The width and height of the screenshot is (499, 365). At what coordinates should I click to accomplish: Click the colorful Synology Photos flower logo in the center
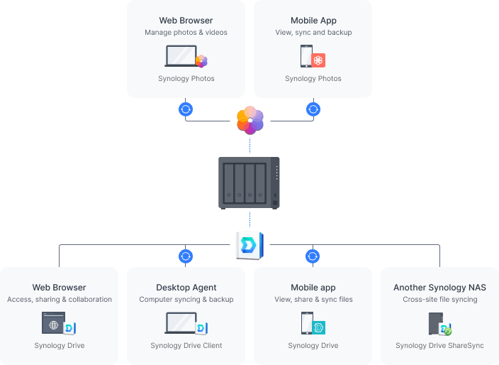pyautogui.click(x=250, y=120)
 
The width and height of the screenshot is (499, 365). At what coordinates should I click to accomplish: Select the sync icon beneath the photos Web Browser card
pyautogui.click(x=186, y=109)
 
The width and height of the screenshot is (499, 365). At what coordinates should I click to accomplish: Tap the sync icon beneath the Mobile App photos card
pyautogui.click(x=313, y=109)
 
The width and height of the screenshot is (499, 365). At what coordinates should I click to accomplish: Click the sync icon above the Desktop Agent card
pyautogui.click(x=186, y=256)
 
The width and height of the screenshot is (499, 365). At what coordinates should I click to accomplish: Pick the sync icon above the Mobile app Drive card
pyautogui.click(x=313, y=256)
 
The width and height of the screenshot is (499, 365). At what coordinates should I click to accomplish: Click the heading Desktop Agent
pyautogui.click(x=186, y=288)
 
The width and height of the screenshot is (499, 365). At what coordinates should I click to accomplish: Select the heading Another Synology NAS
pyautogui.click(x=439, y=288)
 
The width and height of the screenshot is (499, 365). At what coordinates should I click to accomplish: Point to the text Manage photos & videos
pyautogui.click(x=186, y=33)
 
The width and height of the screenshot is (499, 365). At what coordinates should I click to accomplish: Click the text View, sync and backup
pyautogui.click(x=313, y=33)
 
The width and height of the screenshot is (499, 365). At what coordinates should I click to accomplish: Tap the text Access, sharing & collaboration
pyautogui.click(x=60, y=300)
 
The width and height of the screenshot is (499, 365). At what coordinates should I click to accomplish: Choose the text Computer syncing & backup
pyautogui.click(x=186, y=300)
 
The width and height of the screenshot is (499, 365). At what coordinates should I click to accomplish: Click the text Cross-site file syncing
pyautogui.click(x=439, y=300)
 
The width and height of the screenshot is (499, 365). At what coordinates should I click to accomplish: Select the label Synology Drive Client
pyautogui.click(x=186, y=346)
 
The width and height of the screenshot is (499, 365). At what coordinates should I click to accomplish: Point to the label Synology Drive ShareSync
pyautogui.click(x=439, y=346)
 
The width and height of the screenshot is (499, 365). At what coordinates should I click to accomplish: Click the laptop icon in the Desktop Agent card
pyautogui.click(x=180, y=323)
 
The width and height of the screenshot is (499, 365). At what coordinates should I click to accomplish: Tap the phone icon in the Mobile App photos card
pyautogui.click(x=306, y=56)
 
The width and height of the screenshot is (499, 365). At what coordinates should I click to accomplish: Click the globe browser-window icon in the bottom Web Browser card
pyautogui.click(x=53, y=324)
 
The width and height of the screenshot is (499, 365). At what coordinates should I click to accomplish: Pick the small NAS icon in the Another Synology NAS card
pyautogui.click(x=435, y=324)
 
